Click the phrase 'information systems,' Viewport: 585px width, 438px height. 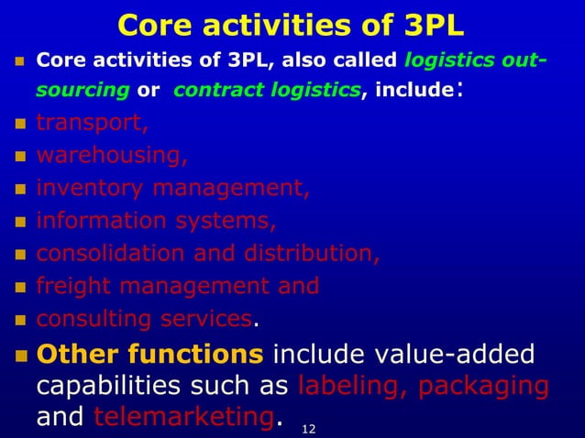(x=156, y=222)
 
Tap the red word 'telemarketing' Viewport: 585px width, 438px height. (x=183, y=417)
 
